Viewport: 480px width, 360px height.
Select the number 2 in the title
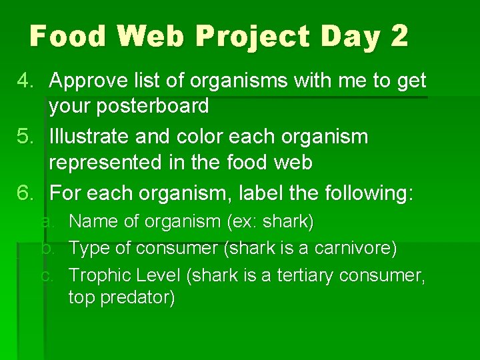(399, 36)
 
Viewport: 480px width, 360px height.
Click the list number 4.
(25, 81)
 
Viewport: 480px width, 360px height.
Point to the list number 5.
(25, 137)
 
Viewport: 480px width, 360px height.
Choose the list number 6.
(25, 193)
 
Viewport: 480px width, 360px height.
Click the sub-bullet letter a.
(46, 221)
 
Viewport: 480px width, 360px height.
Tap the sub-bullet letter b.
(46, 248)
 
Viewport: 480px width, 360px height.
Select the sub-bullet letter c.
(46, 275)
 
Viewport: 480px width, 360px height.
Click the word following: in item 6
(369, 193)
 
